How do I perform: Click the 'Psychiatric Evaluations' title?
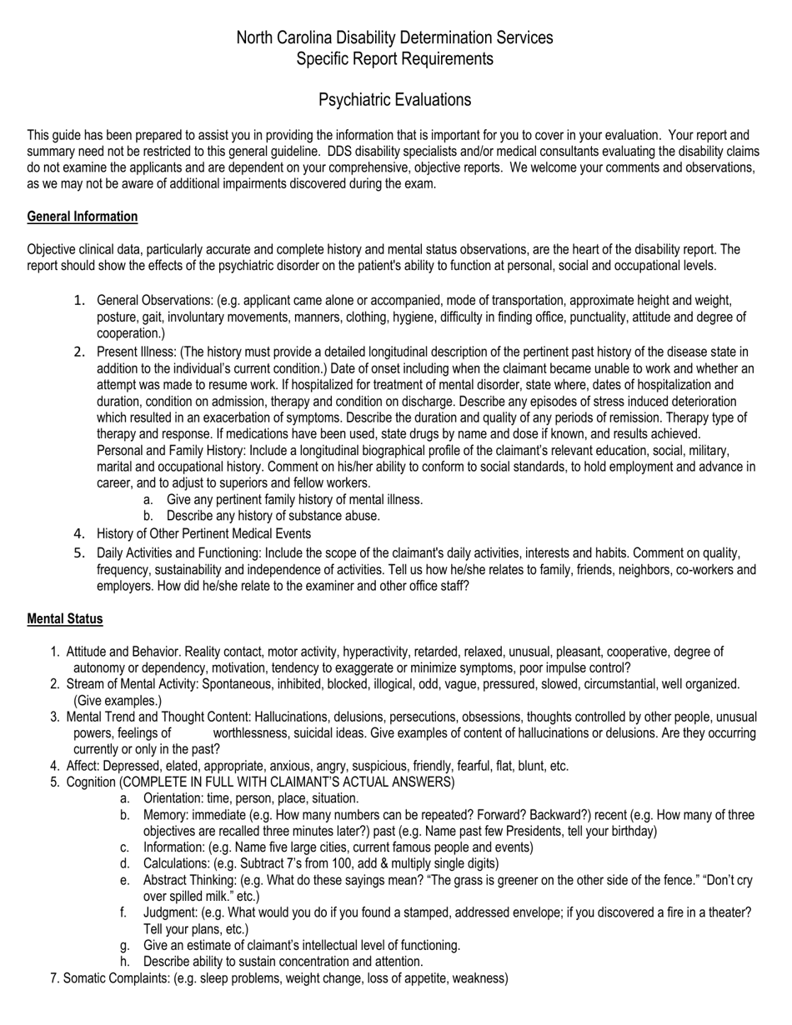[x=394, y=100]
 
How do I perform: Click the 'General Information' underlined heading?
[x=83, y=217]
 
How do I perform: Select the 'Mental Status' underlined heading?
[x=65, y=619]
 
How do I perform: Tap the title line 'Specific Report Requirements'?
[x=394, y=58]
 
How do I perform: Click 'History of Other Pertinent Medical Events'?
[x=203, y=533]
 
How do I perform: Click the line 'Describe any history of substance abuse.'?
[x=273, y=516]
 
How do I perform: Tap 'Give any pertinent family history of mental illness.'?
[x=294, y=500]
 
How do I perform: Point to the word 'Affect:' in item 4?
[x=83, y=766]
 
